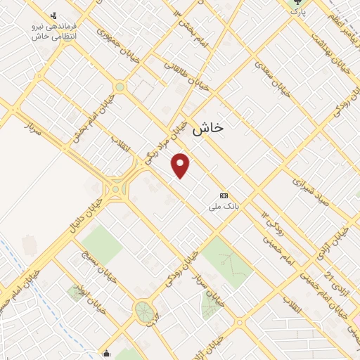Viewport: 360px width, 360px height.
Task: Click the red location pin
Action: pyautogui.click(x=180, y=165)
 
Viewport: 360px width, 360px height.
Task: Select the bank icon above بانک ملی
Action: pyautogui.click(x=224, y=195)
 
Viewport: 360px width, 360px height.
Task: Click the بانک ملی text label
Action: pyautogui.click(x=224, y=207)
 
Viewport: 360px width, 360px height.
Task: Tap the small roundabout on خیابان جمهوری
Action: pyautogui.click(x=120, y=87)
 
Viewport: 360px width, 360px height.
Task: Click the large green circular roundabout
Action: pyautogui.click(x=144, y=310)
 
